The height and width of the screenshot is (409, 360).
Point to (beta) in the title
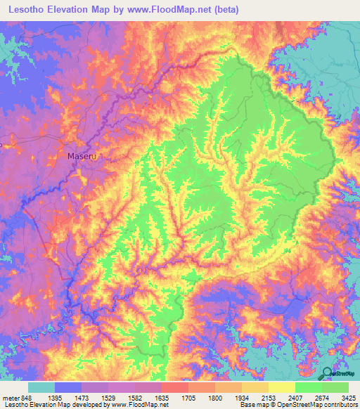coord(227,10)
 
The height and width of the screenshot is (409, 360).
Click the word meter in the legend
coord(11,397)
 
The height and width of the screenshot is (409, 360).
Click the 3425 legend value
coord(349,397)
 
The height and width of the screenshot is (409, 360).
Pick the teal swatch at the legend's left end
coord(41,387)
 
